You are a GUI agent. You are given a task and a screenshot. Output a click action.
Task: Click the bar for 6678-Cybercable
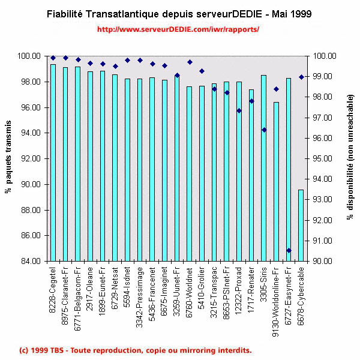301,226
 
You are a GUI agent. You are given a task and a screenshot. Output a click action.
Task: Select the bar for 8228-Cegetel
53,163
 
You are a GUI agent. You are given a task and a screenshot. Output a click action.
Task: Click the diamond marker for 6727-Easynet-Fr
289,250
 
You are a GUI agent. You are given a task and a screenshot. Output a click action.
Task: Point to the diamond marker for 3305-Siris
263,130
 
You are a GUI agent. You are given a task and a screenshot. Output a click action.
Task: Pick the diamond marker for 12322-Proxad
239,110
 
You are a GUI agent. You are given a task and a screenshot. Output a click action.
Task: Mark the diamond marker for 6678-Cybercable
301,77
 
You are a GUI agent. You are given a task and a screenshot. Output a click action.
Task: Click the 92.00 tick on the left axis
31,159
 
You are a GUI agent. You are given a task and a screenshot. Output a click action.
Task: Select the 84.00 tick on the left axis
31,262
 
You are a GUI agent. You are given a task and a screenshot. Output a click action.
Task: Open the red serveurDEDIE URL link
178,29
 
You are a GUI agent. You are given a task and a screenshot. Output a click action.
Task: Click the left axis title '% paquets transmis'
8,158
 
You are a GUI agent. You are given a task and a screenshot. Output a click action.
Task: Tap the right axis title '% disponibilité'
350,158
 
